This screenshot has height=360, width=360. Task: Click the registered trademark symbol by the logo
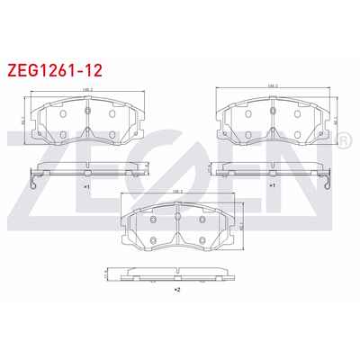click(343, 142)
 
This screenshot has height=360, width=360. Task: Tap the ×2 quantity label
click(177, 291)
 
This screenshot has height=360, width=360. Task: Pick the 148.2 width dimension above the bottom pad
click(178, 193)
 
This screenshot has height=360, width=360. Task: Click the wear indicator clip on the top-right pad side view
click(327, 183)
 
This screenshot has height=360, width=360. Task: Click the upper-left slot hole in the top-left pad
click(63, 114)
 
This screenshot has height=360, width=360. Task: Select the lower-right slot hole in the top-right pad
click(295, 134)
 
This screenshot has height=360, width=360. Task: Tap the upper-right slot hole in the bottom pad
click(202, 220)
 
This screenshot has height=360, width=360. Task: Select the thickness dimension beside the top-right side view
click(208, 168)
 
